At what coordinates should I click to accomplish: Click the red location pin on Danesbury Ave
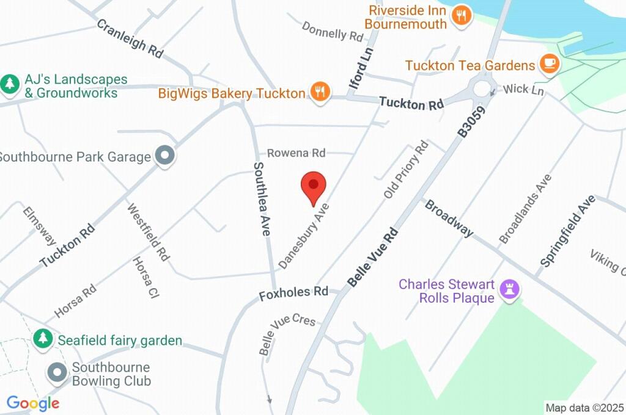coord(314,186)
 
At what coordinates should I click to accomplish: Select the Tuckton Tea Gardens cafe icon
coord(549,64)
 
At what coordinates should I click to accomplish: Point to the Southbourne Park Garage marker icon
coord(164,156)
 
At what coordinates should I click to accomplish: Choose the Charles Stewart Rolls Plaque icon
coord(508,290)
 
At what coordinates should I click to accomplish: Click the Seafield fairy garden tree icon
coord(43,339)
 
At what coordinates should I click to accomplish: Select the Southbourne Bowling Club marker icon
coord(57,372)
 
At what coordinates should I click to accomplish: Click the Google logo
coord(32,403)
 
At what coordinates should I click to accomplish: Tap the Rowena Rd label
coord(296,153)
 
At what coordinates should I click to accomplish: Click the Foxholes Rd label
coord(293,294)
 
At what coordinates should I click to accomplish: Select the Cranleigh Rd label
coord(130,38)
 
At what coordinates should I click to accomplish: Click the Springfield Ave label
coord(567,231)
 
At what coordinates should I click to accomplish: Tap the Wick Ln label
coord(524,90)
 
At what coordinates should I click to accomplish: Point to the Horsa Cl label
coord(146,278)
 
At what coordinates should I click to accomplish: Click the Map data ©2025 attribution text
coord(584,408)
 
